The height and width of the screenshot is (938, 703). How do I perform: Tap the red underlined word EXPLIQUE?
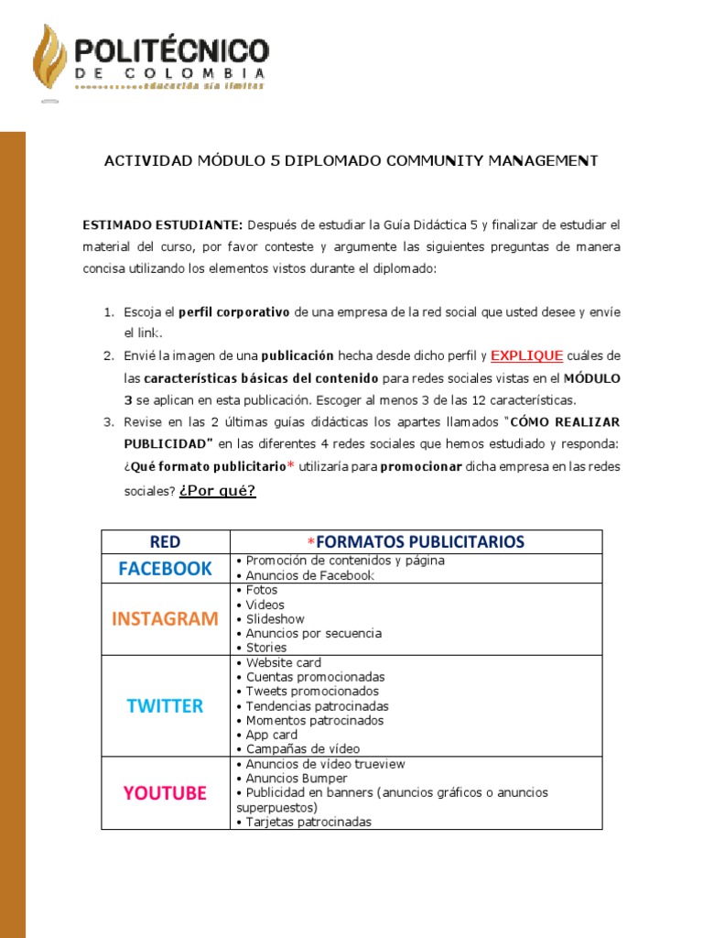tap(526, 355)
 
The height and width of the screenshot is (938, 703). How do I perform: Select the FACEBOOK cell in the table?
tap(165, 568)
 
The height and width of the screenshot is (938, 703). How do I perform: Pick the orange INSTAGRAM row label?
tap(165, 618)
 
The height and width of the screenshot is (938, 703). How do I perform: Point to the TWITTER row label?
tap(165, 705)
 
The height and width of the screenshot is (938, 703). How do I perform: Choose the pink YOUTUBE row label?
tap(165, 792)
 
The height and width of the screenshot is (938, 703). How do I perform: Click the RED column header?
tap(165, 541)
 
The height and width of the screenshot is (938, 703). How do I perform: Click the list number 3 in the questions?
tap(107, 421)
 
